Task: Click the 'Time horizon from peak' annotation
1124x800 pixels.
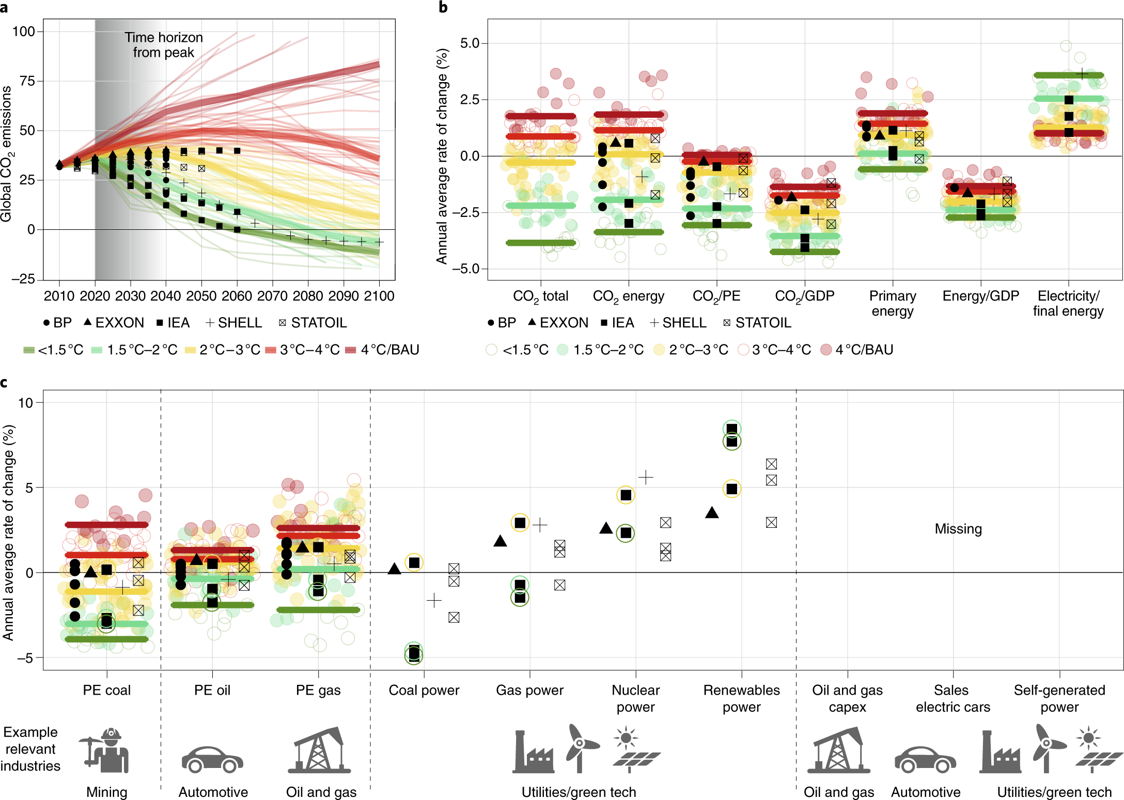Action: click(x=163, y=45)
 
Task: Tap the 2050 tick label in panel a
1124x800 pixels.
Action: click(x=201, y=296)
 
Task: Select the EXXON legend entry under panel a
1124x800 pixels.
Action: click(x=114, y=323)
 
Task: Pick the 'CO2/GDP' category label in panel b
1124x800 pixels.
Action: click(x=804, y=296)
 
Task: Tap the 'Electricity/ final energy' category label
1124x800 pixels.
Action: click(x=1068, y=303)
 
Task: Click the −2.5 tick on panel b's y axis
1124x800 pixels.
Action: click(x=466, y=212)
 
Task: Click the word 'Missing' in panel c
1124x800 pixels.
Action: click(x=958, y=529)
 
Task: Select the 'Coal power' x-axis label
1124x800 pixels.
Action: click(x=424, y=690)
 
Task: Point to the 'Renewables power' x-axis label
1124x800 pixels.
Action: click(x=741, y=698)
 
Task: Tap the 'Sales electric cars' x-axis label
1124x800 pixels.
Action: click(x=953, y=698)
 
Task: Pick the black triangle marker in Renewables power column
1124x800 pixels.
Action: click(x=712, y=513)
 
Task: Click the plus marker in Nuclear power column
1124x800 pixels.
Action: click(x=646, y=477)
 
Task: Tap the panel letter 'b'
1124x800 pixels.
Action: click(x=443, y=7)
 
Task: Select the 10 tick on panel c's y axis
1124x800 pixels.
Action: click(x=25, y=403)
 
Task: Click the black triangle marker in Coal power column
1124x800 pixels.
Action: click(x=394, y=569)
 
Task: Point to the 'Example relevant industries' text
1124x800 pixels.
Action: click(x=30, y=749)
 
